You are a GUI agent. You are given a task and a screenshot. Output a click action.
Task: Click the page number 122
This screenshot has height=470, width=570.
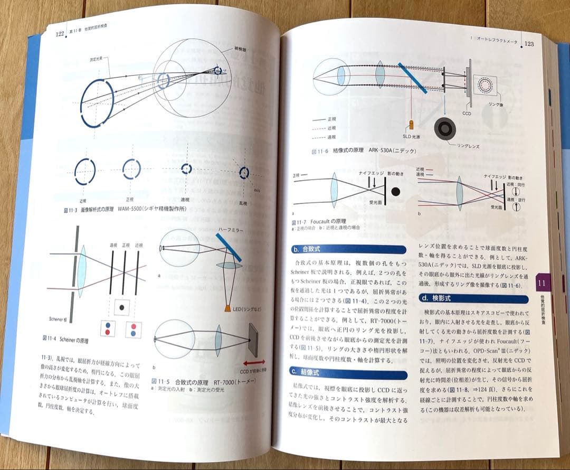[x=60, y=34]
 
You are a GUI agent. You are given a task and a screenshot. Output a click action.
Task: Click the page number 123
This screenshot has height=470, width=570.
[x=528, y=43]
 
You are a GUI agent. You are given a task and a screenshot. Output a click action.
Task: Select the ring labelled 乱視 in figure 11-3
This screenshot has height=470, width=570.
[x=243, y=172]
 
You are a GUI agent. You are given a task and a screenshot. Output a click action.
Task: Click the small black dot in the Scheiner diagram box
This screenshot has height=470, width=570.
[x=122, y=307]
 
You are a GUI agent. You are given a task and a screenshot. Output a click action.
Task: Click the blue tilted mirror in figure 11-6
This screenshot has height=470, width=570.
[x=412, y=78]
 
